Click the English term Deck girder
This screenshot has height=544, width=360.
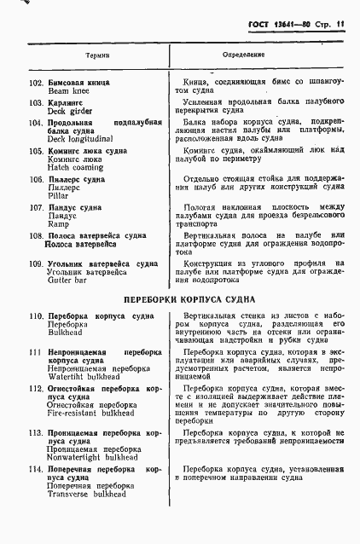point(68,112)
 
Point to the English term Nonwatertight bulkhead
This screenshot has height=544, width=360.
point(93,457)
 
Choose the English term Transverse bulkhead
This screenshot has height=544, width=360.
point(87,494)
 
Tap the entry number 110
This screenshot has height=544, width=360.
point(36,316)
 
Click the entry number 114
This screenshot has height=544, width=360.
point(36,470)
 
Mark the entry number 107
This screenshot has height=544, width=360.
point(36,207)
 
